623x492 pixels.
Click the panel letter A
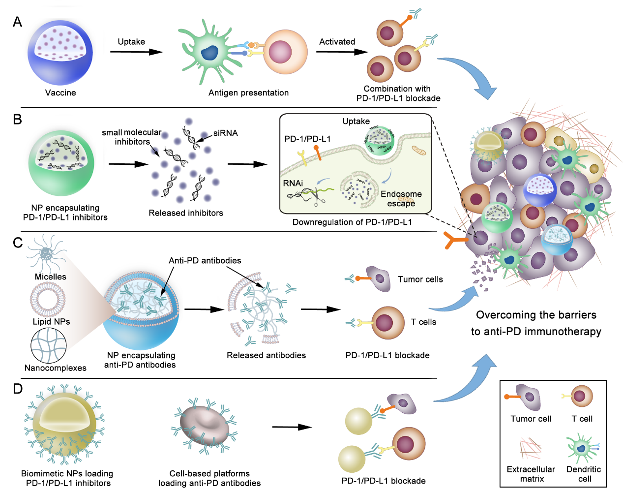click(18, 22)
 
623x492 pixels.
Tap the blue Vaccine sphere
click(60, 53)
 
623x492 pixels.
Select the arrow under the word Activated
click(342, 52)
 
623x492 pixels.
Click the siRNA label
click(226, 133)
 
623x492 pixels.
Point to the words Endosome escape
click(401, 199)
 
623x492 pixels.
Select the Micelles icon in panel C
click(47, 253)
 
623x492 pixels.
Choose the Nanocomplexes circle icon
click(49, 345)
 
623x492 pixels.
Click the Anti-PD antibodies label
click(205, 261)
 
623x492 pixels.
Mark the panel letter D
click(18, 389)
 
